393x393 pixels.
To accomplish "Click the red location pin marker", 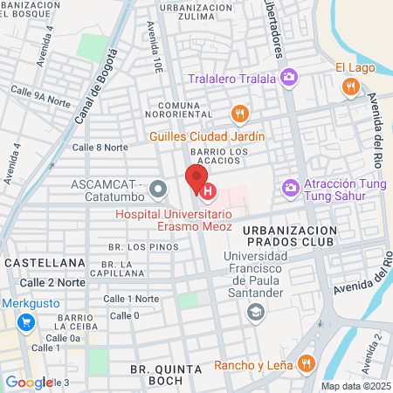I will point(194,179).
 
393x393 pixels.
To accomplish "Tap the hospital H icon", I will point(208,191).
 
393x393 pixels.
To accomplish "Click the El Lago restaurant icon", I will point(349,86).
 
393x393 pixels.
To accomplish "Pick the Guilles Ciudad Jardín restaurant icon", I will point(239,114).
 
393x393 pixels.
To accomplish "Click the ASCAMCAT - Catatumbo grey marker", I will point(158,188).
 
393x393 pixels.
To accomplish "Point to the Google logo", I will point(29,382).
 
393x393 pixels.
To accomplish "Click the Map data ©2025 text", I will point(355,386).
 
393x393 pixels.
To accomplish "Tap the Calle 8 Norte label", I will point(100,147).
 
